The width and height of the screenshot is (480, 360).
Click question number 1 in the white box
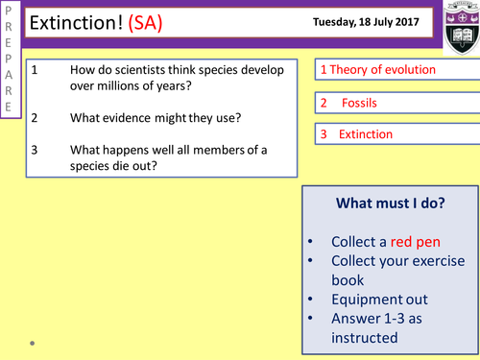point(34,70)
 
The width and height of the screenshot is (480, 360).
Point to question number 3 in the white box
point(34,150)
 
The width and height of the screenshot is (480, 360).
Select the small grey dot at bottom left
point(33,342)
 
